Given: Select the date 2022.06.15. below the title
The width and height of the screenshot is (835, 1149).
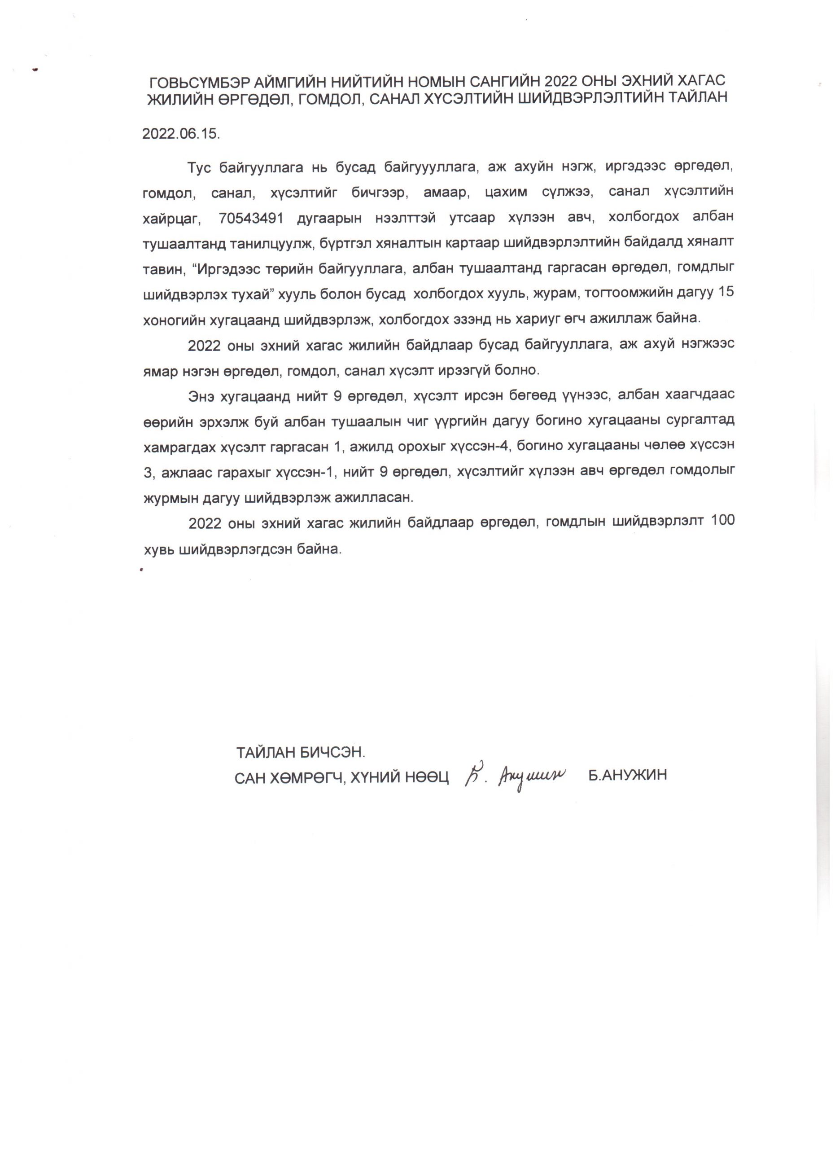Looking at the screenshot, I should pyautogui.click(x=181, y=134).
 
